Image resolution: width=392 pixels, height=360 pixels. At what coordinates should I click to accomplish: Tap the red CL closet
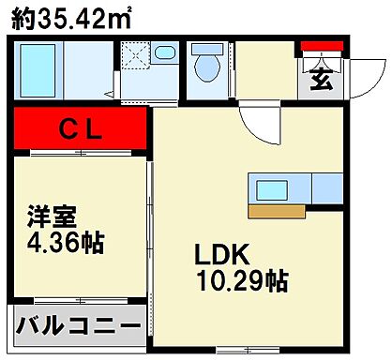[81, 129]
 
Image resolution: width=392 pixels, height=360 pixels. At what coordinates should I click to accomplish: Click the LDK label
[219, 254]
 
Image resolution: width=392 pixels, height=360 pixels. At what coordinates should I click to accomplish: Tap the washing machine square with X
[135, 55]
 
